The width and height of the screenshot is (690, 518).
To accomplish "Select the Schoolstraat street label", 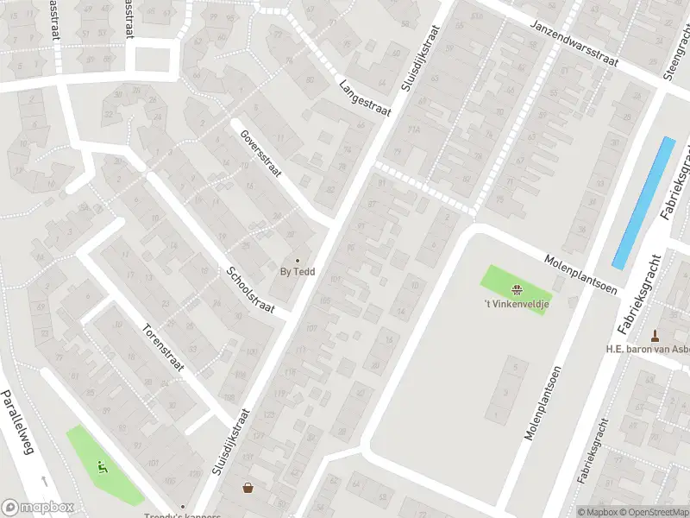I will [250, 291].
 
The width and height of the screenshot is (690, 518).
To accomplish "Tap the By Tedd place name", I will [298, 272].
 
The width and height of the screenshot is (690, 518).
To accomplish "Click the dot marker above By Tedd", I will [298, 260].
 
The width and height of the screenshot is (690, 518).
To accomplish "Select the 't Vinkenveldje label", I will [516, 303].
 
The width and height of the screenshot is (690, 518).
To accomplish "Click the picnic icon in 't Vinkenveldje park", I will [516, 289].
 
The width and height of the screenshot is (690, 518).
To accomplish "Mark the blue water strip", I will [643, 202].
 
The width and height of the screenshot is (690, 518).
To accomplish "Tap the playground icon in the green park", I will [103, 469].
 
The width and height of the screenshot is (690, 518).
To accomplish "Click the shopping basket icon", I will [248, 489].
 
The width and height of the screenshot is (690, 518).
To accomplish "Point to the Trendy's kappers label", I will [183, 516].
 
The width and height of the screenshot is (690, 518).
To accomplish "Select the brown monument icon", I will [655, 335].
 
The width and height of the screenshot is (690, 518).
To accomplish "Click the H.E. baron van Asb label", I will [647, 350].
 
